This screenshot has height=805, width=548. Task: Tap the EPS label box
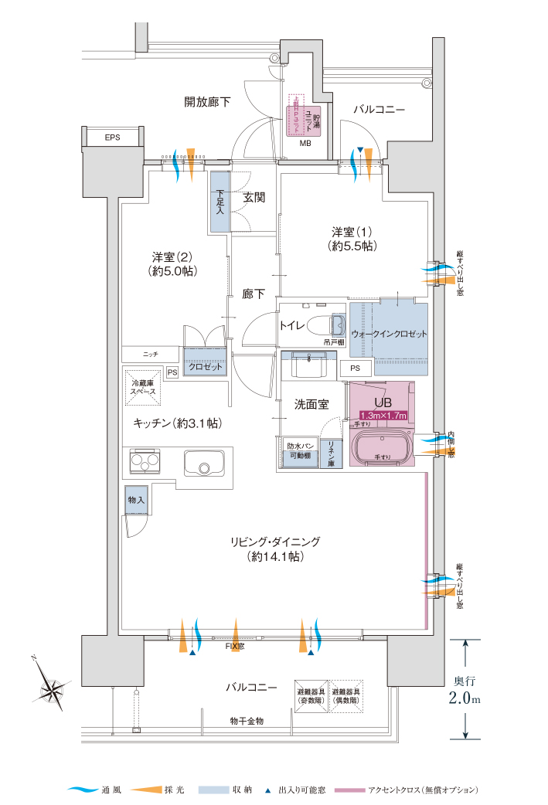(x=113, y=138)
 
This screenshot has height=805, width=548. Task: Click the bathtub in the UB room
(x=381, y=447)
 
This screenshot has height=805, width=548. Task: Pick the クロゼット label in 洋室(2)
(x=206, y=367)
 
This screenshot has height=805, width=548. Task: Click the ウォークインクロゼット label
(x=389, y=335)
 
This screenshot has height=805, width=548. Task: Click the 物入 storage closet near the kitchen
(x=136, y=501)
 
